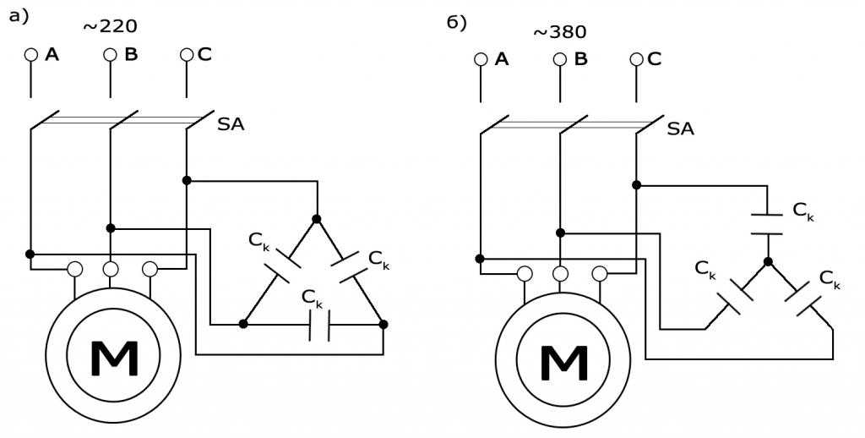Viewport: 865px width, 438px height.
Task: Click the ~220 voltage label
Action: [110, 26]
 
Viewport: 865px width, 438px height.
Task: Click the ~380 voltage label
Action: [560, 32]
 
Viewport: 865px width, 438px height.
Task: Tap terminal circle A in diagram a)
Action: [31, 55]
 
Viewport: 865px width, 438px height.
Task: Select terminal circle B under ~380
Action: [560, 59]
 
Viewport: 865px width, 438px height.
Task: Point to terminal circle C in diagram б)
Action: [637, 59]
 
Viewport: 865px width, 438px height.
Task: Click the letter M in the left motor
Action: [114, 359]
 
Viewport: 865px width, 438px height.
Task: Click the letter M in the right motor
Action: [563, 364]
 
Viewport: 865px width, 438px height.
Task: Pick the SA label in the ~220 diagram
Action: [231, 124]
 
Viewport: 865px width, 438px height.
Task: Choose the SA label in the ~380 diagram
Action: [681, 129]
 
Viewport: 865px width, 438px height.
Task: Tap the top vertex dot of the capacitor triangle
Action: [317, 219]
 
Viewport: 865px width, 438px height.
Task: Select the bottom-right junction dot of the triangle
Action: [384, 324]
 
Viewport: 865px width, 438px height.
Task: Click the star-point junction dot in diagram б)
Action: [767, 262]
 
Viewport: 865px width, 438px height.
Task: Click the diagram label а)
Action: [19, 17]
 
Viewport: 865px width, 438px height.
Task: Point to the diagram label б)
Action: [457, 23]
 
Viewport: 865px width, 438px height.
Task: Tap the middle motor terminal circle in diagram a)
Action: [111, 269]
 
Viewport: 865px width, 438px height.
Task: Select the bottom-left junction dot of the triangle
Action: [243, 324]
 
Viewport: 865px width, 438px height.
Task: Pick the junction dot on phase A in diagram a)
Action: [30, 254]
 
